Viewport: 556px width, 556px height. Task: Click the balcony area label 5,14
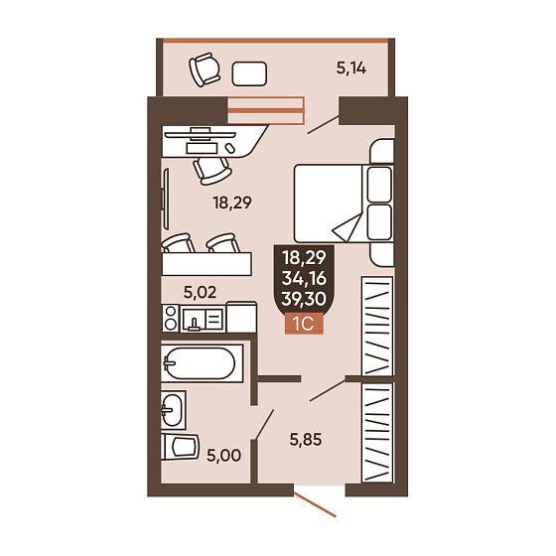coord(351,68)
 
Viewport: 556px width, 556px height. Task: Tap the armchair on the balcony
coord(205,69)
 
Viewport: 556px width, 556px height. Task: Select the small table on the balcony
coord(249,73)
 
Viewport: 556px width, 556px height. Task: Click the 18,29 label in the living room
coord(232,203)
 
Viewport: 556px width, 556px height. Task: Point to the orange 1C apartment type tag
coord(304,324)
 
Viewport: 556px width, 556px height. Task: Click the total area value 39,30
coord(304,299)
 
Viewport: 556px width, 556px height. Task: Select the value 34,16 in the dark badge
coord(304,279)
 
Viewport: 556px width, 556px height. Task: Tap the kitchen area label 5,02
coord(200,293)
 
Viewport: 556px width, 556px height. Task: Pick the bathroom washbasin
coord(174,410)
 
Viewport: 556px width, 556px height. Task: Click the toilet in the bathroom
coord(180,447)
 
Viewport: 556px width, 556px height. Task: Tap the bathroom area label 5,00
coord(224,456)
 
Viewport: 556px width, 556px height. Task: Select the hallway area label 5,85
coord(306,440)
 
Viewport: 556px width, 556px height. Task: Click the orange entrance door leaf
coord(315,504)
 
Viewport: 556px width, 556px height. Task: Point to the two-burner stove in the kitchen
coord(171,318)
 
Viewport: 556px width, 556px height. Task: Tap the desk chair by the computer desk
coord(212,170)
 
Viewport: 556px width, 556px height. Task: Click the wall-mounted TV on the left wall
coord(165,199)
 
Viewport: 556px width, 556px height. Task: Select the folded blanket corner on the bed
coord(347,226)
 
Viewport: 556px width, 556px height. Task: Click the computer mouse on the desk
coord(230,148)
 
